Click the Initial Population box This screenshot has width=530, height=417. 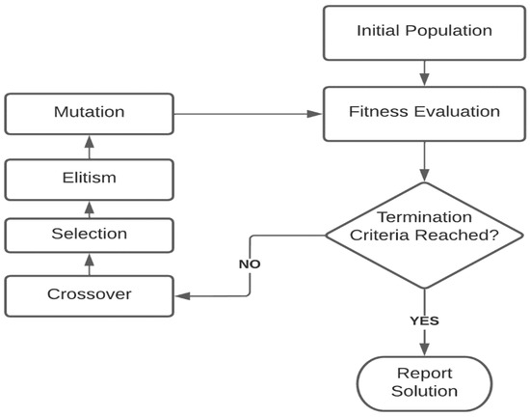(424, 32)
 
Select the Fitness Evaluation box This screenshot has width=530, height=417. (424, 112)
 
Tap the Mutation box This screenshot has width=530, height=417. (89, 113)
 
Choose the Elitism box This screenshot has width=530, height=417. (89, 179)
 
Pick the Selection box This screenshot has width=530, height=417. (89, 235)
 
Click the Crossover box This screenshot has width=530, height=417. (89, 293)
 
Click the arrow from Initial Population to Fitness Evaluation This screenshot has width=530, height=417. (424, 71)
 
